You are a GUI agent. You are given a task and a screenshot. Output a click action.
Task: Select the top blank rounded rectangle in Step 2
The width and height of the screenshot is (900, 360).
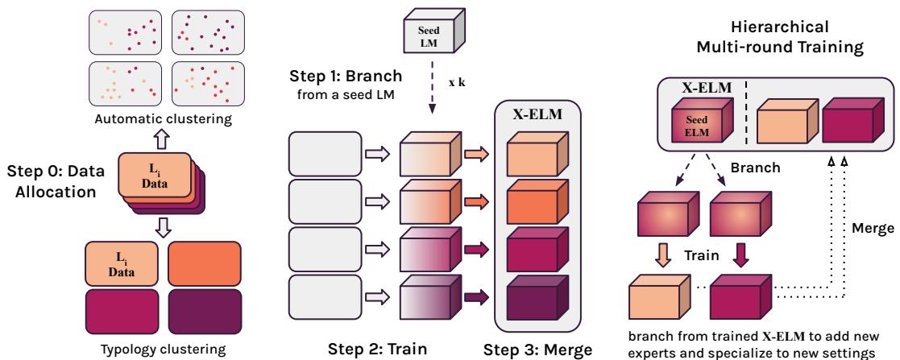click(325, 153)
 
